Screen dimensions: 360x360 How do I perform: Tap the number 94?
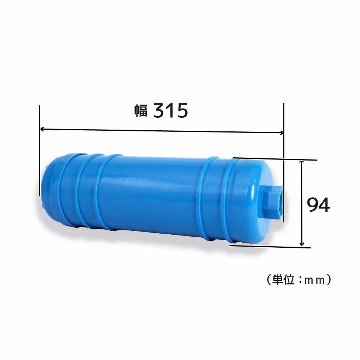click(318, 205)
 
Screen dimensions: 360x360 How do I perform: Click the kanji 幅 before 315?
click(141, 111)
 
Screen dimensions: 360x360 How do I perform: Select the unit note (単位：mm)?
click(298, 280)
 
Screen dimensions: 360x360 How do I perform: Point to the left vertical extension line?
click(40, 151)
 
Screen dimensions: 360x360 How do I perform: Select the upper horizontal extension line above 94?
click(275, 159)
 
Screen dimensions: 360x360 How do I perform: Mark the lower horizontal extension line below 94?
click(270, 247)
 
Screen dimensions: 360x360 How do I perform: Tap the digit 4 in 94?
click(324, 205)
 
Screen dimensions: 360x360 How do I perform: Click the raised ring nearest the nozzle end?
click(230, 202)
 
